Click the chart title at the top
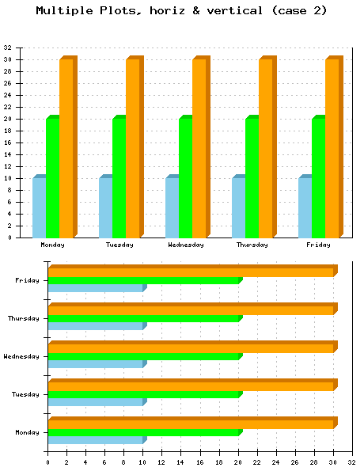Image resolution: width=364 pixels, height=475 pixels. [x=181, y=10]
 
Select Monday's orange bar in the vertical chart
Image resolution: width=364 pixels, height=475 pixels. [x=68, y=147]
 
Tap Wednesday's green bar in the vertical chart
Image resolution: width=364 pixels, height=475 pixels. [x=185, y=177]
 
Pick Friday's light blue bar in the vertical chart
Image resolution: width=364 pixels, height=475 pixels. [x=305, y=207]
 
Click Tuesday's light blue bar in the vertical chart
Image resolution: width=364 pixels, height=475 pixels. [x=106, y=207]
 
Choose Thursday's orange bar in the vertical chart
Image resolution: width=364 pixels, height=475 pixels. [x=267, y=147]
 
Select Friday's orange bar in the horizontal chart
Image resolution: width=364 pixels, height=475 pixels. [x=192, y=271]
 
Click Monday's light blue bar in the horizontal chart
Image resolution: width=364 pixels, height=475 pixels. [x=96, y=440]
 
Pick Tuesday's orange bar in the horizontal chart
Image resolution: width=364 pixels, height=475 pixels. [x=192, y=385]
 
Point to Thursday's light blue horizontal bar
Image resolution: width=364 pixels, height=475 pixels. [x=96, y=326]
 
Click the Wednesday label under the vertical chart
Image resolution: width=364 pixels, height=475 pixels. [x=186, y=245]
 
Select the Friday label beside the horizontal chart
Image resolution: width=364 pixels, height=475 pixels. [x=27, y=281]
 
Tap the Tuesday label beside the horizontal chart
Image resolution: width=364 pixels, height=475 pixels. [x=25, y=394]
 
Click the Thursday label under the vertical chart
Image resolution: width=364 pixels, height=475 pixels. [x=252, y=245]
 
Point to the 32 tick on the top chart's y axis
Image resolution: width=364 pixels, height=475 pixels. [x=7, y=47]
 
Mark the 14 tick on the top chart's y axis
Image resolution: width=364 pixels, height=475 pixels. [x=7, y=154]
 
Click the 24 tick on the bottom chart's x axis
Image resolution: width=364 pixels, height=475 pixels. [x=275, y=462]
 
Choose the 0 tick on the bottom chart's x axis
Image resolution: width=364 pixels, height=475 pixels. [x=47, y=462]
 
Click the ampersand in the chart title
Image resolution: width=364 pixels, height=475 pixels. [x=196, y=10]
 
